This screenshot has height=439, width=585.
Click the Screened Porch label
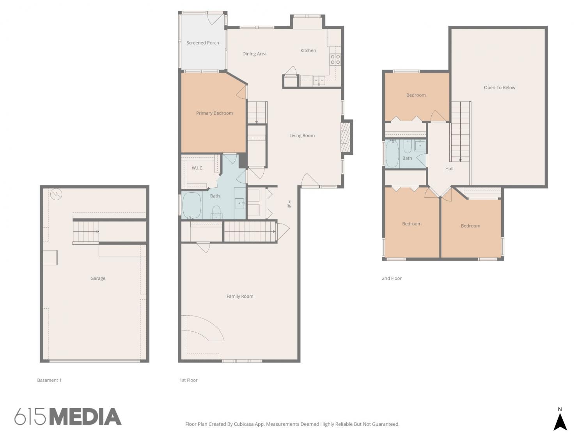point(202,43)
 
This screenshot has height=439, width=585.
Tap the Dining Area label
point(254,53)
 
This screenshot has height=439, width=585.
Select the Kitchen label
point(308,50)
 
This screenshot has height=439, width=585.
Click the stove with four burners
point(335,59)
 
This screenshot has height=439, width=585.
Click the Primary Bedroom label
point(214,113)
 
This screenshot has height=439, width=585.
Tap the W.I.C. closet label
point(197,168)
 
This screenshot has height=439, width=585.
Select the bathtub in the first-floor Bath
point(192,205)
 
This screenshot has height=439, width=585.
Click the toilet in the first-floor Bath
point(216,212)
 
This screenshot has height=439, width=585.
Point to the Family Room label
point(240,296)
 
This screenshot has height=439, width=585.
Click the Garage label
point(98,278)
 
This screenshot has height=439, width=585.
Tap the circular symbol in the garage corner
point(56,194)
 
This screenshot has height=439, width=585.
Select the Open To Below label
point(500,87)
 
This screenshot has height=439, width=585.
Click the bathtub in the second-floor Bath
point(392,154)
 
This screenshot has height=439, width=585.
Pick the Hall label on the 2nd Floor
point(449,169)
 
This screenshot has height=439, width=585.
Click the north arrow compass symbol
point(560,421)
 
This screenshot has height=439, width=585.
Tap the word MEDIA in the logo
point(86,417)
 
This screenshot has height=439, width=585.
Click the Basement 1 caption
point(49,380)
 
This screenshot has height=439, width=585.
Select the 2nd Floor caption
point(392,278)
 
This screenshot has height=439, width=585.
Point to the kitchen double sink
point(319,80)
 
